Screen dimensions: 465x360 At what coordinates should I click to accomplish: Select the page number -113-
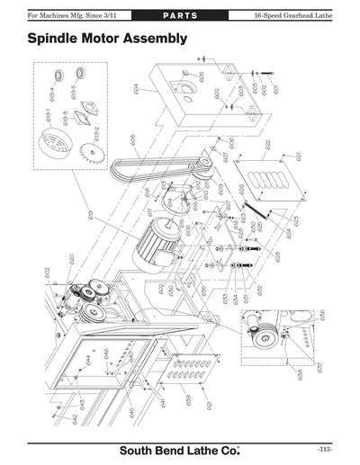(x=325, y=449)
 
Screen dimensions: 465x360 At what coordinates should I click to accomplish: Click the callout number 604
(x=137, y=89)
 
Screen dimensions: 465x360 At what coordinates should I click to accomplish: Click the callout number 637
(x=319, y=368)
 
